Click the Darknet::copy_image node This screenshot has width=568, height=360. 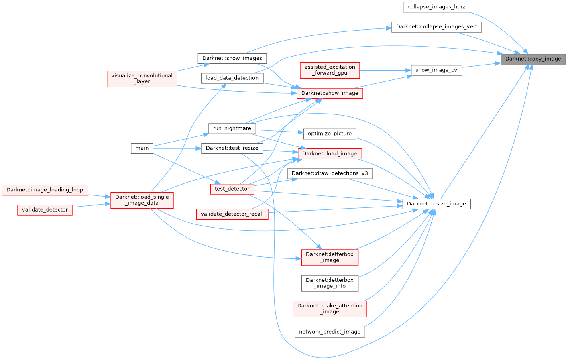533,59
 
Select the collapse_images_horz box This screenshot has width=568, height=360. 436,7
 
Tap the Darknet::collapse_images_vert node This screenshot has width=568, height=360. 436,27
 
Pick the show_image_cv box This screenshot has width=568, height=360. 436,70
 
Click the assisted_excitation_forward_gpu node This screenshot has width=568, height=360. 330,70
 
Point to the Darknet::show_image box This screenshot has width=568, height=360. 330,93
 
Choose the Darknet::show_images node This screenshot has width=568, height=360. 232,58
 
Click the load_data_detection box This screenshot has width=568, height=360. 232,78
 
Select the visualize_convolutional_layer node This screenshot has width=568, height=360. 142,78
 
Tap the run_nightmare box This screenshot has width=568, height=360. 232,128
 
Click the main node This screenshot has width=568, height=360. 142,148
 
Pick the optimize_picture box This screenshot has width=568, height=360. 330,134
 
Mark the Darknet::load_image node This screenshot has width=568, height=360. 330,153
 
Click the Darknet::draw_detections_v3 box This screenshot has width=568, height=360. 330,173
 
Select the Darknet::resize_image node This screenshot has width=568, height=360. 436,204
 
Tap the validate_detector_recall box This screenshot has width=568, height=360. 232,214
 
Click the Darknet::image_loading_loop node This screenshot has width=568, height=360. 45,190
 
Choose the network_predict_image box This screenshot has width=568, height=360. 330,332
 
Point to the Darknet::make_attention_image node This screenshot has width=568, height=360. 330,309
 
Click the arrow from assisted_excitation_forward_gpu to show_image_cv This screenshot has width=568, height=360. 385,70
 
